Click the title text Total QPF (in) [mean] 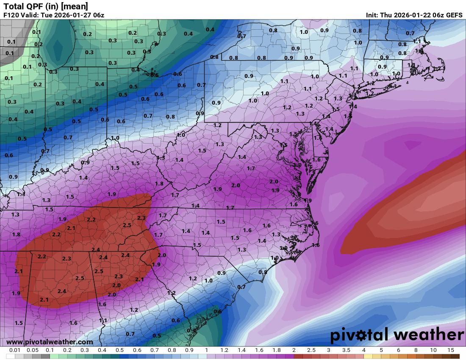coord(46,6)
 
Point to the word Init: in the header coord(374,15)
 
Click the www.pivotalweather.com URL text coord(50,342)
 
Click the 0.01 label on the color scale coord(15,350)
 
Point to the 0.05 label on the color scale coord(32,350)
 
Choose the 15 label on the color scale coord(450,350)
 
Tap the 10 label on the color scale coord(433,350)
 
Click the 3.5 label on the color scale coord(346,350)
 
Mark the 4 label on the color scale coord(363,350)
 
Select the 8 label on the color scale coord(416,350)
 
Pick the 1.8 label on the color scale coord(277,350)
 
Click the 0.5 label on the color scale coord(119,350)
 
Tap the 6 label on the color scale coord(398,350)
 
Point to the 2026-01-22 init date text coord(410,15)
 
